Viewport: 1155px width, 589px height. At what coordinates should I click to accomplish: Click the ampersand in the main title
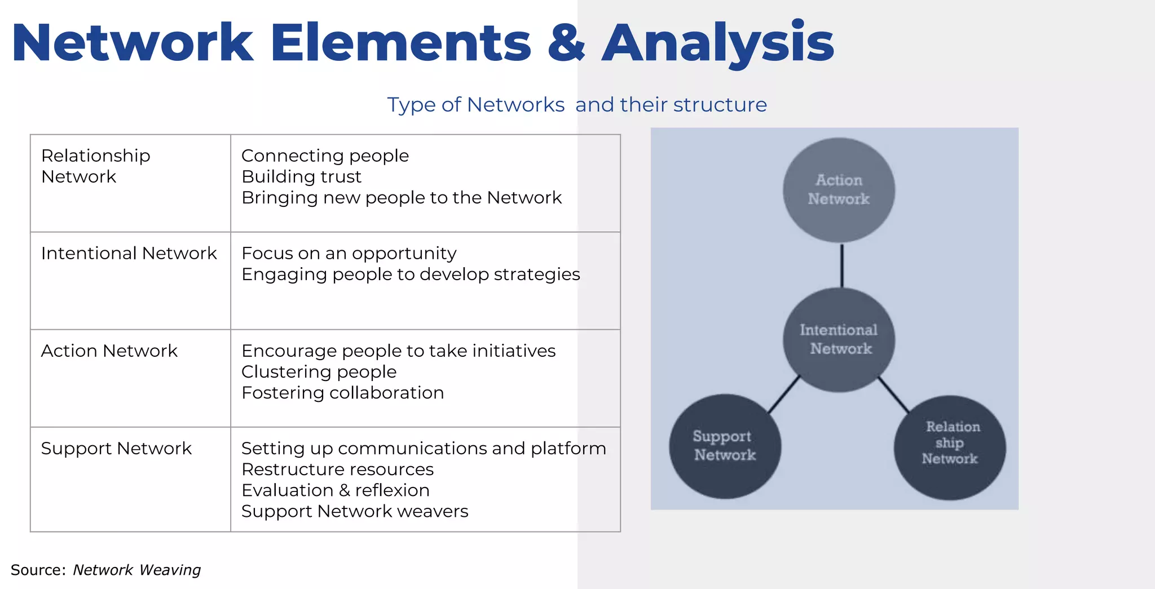(566, 43)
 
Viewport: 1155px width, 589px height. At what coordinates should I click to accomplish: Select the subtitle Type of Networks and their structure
(576, 105)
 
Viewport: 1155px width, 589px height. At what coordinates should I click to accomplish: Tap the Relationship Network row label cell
(96, 166)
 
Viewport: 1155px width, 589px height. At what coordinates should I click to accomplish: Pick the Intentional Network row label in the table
(129, 254)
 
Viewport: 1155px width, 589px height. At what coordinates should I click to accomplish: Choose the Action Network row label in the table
(109, 351)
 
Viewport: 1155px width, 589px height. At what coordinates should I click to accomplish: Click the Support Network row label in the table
(116, 449)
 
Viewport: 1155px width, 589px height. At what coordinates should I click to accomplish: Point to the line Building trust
(301, 177)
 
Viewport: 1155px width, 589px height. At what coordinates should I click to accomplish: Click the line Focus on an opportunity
(349, 254)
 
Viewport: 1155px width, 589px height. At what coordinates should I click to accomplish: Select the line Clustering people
(319, 372)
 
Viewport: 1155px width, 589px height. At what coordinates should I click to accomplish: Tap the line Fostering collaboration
(342, 393)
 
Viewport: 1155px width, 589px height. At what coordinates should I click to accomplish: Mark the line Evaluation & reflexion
(335, 490)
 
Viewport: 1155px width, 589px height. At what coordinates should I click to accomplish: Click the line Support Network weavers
(354, 512)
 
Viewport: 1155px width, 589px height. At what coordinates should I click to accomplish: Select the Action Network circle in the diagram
(838, 190)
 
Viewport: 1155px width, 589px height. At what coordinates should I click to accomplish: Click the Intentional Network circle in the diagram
(839, 339)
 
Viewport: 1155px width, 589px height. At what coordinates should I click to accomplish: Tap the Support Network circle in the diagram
(725, 446)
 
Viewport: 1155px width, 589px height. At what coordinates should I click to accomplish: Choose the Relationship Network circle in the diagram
(950, 448)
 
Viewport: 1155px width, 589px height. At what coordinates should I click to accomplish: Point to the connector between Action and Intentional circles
(841, 265)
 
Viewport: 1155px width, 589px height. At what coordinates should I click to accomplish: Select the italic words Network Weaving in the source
(136, 570)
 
